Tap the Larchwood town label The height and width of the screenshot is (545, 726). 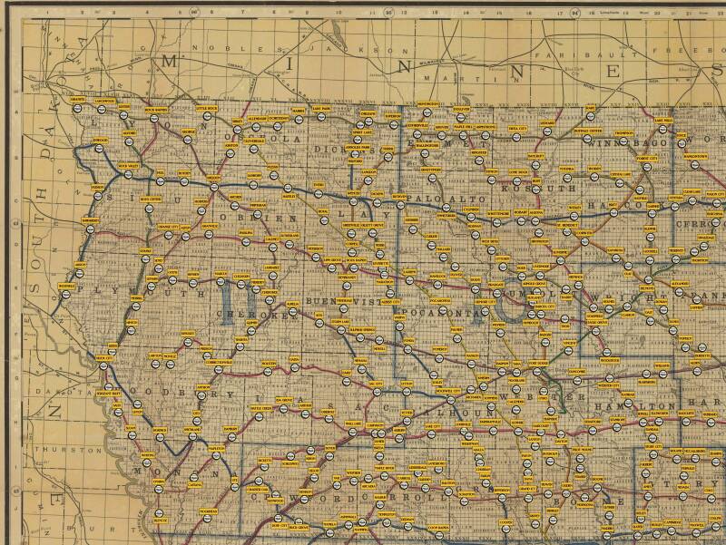[x=104, y=100]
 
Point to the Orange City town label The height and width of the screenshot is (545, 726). [x=169, y=227]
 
